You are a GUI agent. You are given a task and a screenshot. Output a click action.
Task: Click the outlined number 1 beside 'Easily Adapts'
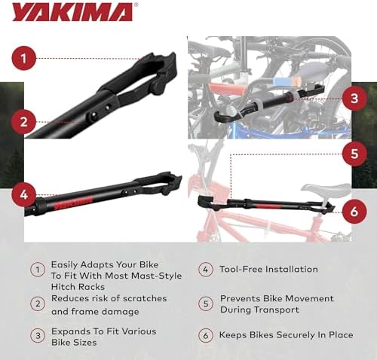click(x=36, y=269)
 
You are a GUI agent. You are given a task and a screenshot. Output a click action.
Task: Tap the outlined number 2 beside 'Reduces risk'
click(x=36, y=303)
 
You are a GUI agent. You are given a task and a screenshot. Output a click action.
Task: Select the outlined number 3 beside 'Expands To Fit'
click(x=36, y=336)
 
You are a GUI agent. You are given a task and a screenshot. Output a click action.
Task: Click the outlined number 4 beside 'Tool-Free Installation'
click(x=205, y=269)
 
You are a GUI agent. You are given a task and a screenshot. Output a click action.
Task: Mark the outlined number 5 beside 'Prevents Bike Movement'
click(x=205, y=303)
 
